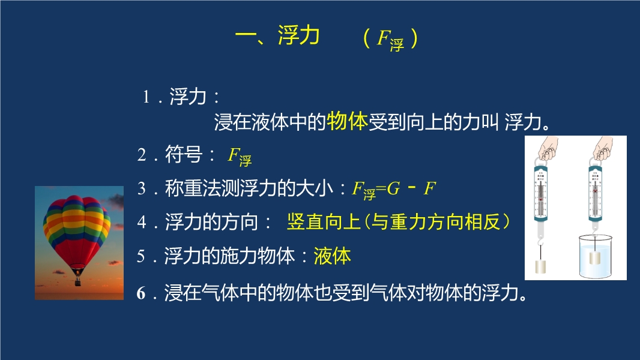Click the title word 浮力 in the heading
click(x=298, y=35)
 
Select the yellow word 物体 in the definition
click(x=348, y=121)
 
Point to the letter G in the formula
click(x=393, y=188)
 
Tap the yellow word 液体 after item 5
click(x=332, y=256)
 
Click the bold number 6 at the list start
click(x=141, y=293)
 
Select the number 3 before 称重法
click(x=142, y=189)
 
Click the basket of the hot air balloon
click(x=77, y=281)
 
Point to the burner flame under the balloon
click(x=77, y=272)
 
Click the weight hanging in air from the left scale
click(x=540, y=266)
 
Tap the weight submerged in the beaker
click(x=595, y=257)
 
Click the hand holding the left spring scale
click(x=548, y=148)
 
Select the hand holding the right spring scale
click(x=603, y=148)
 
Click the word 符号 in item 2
click(x=184, y=155)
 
